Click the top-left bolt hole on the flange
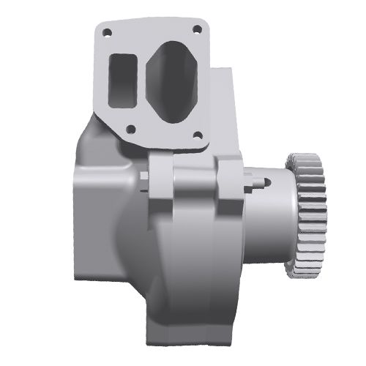click(x=108, y=33)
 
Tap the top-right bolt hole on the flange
click(x=196, y=29)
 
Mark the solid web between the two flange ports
click(x=143, y=81)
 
